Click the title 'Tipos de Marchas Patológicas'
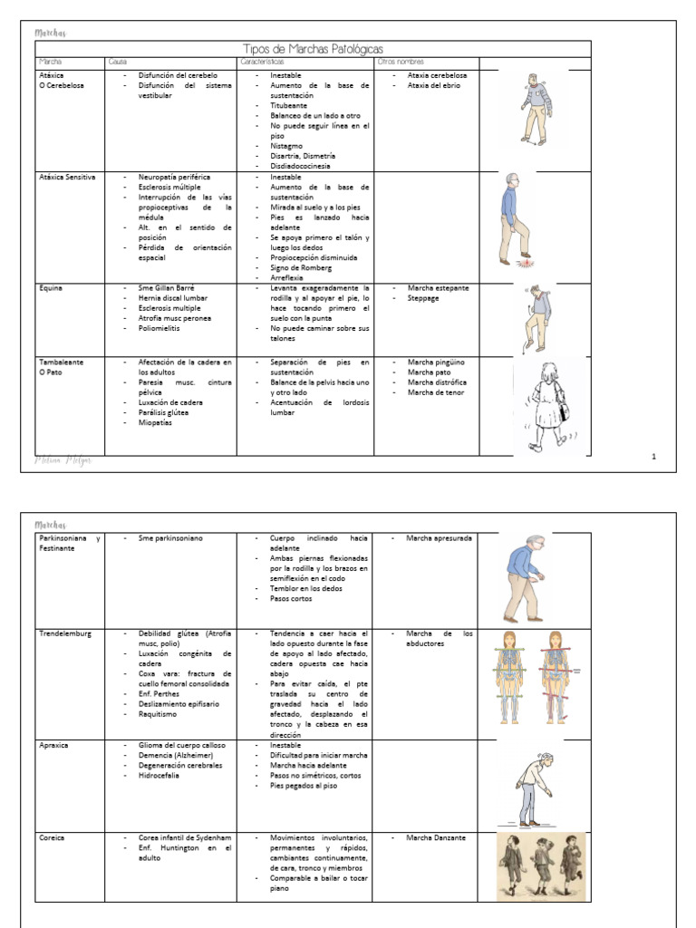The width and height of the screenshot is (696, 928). pyautogui.click(x=314, y=48)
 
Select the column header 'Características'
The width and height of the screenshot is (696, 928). pyautogui.click(x=262, y=61)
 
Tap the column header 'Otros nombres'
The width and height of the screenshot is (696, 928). pyautogui.click(x=400, y=61)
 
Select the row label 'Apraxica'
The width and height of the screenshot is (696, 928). pyautogui.click(x=53, y=745)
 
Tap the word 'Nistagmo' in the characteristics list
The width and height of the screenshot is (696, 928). pyautogui.click(x=286, y=146)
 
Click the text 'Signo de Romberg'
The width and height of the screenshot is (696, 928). pyautogui.click(x=302, y=267)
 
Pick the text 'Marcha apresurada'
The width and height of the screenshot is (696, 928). pyautogui.click(x=439, y=538)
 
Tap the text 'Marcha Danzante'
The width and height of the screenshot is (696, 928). pyautogui.click(x=436, y=837)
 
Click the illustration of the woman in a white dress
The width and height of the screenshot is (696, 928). pyautogui.click(x=548, y=405)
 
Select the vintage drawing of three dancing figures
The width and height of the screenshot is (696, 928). pyautogui.click(x=541, y=866)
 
